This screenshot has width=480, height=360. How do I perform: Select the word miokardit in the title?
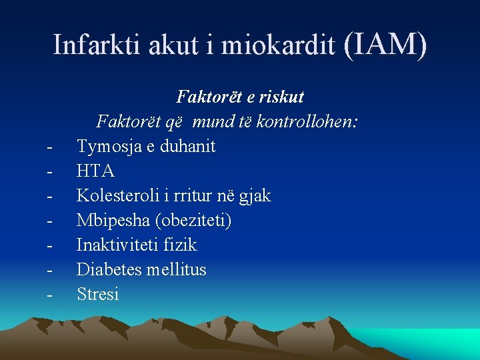(277, 45)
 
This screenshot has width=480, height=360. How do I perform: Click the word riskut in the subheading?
(282, 97)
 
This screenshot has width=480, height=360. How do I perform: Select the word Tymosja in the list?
(109, 146)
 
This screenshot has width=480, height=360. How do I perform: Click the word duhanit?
(186, 146)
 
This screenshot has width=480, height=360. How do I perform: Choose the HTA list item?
(95, 171)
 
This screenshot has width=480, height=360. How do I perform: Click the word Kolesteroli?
(117, 195)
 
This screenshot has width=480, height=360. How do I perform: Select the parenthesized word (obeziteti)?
(188, 220)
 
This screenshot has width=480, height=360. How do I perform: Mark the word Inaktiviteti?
(115, 245)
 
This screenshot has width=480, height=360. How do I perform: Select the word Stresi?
(98, 294)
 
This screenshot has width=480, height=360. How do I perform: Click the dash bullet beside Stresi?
(51, 294)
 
